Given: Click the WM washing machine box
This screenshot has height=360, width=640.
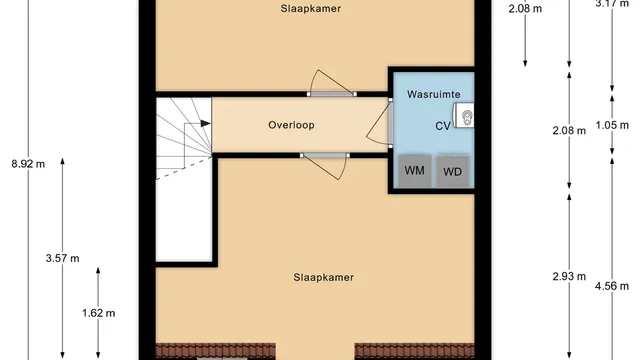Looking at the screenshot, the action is [415, 171].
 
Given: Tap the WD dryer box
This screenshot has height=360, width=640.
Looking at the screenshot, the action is [452, 171].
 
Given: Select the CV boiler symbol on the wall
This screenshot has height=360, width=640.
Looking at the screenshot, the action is [464, 115].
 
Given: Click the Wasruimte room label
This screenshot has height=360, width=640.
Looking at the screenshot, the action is [433, 94].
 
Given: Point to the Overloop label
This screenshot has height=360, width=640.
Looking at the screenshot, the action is [291, 125].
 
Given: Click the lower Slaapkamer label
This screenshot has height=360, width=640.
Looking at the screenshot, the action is [324, 278].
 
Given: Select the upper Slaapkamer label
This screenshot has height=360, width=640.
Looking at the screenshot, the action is [311, 9].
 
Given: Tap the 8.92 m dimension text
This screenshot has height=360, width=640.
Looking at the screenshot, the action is [28, 164].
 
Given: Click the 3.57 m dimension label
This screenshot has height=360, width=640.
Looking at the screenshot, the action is [62, 258].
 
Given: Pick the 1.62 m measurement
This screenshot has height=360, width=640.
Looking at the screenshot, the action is [98, 313].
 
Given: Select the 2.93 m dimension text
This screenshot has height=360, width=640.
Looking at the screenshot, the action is [569, 277].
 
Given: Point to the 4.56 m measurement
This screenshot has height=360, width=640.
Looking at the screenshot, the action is [612, 286].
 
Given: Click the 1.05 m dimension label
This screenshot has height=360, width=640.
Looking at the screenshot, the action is [612, 125].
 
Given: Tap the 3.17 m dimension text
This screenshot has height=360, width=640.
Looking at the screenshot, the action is [612, 4].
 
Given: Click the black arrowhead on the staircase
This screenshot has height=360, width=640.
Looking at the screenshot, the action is [205, 123].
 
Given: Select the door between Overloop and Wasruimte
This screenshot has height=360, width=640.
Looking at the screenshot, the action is [380, 123].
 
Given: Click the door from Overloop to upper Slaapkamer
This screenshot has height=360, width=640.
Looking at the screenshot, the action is [331, 84].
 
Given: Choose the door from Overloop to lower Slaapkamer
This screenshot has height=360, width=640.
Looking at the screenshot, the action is [325, 166].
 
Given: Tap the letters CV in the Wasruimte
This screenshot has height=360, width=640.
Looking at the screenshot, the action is [443, 126].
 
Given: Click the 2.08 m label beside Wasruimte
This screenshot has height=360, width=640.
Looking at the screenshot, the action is [569, 131].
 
